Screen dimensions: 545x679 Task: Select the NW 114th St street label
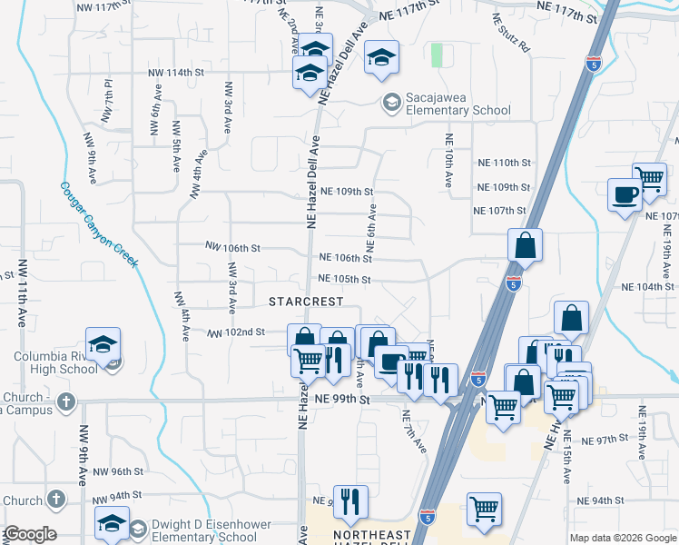pyautogui.click(x=175, y=73)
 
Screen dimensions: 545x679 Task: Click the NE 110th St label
pyautogui.click(x=503, y=163)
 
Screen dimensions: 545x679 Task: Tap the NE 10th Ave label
pyautogui.click(x=448, y=161)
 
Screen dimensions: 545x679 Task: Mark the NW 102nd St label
pyautogui.click(x=235, y=333)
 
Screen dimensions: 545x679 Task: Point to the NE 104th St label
pyautogui.click(x=646, y=286)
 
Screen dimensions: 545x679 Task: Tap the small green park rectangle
pyautogui.click(x=437, y=54)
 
